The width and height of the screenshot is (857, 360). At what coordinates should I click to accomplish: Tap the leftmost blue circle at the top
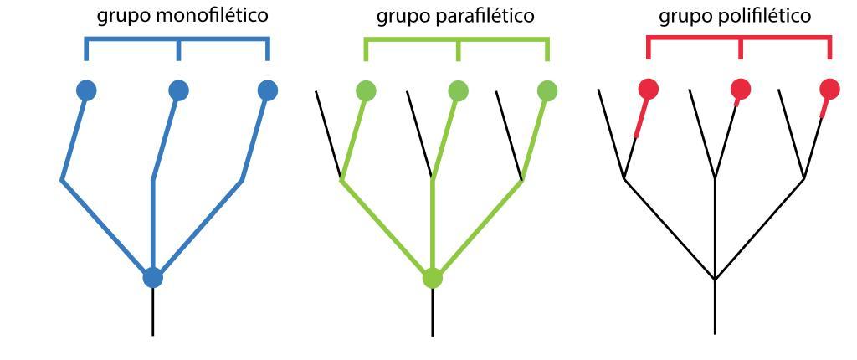[x=86, y=90]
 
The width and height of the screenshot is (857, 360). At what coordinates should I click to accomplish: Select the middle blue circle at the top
[x=178, y=90]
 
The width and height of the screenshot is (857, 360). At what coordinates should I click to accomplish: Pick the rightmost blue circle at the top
[x=267, y=90]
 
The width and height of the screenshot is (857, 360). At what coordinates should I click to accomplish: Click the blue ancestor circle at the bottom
[x=152, y=278]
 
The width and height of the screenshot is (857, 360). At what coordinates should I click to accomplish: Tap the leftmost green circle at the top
[x=366, y=90]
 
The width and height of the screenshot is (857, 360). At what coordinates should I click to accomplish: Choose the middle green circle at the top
[x=458, y=90]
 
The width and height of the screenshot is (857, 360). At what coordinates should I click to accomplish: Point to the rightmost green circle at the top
[x=547, y=90]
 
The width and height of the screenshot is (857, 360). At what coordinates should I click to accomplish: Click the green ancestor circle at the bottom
[x=432, y=278]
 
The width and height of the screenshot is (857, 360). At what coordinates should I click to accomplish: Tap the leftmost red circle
[x=649, y=88]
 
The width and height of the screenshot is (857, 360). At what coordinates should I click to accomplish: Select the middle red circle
[x=741, y=88]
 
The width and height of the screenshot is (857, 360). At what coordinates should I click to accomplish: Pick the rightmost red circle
[x=829, y=88]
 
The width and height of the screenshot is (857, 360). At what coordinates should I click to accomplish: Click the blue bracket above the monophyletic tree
[x=177, y=39]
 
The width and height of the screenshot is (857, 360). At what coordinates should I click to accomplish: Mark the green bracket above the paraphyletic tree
[x=456, y=39]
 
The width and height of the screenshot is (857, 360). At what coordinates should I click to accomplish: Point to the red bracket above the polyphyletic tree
[x=739, y=39]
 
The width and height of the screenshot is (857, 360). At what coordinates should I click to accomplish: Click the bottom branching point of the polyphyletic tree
[x=715, y=279]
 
